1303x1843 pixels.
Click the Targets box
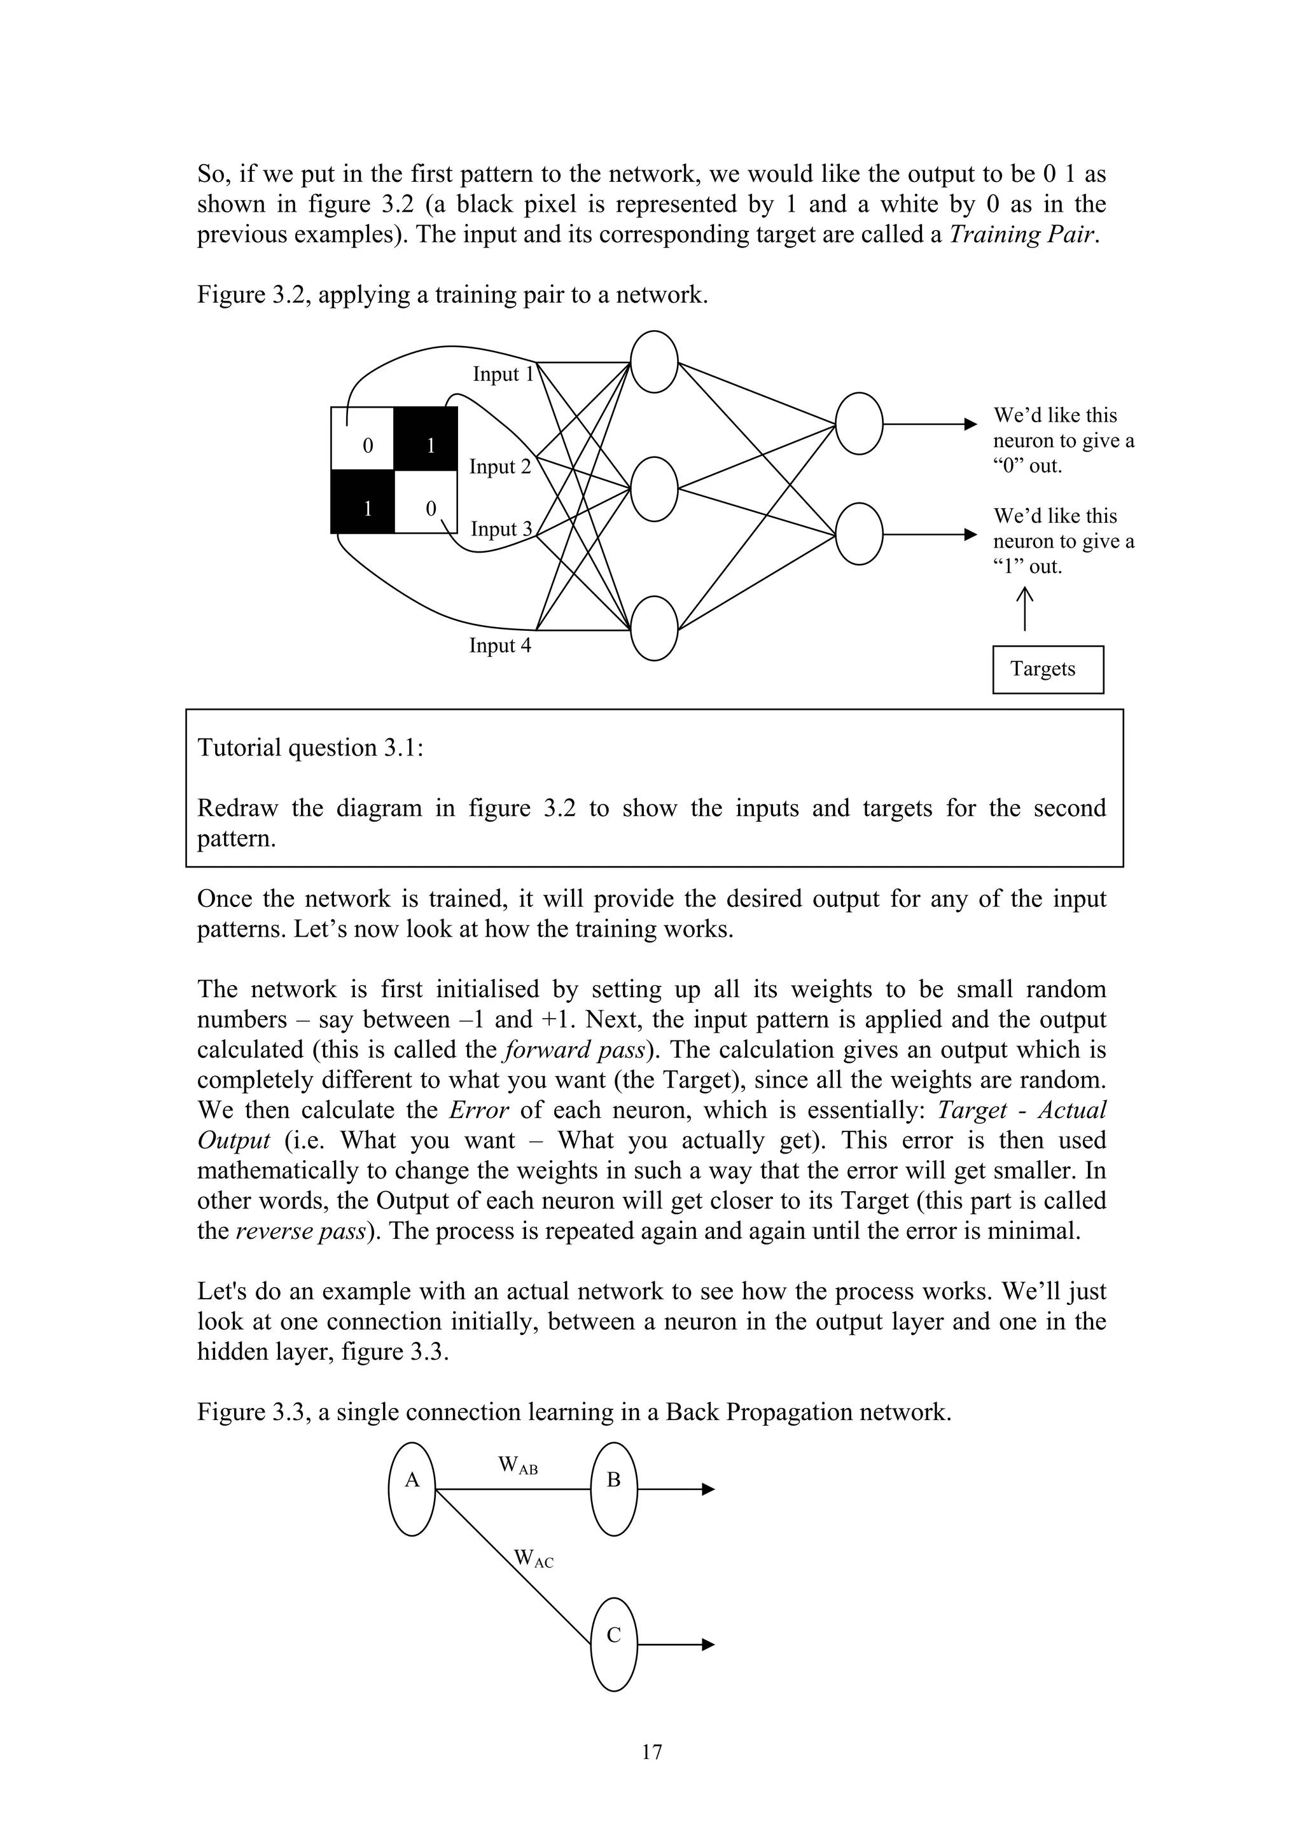point(1048,670)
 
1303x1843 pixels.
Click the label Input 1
point(503,374)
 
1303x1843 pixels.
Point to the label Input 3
point(501,529)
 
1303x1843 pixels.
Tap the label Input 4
point(500,645)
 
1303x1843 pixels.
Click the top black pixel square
point(426,438)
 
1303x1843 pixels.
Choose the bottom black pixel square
point(363,502)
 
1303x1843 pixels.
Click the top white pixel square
point(363,438)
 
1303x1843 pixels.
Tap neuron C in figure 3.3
point(614,1645)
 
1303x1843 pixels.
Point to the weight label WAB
point(518,1466)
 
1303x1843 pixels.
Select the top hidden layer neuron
point(654,362)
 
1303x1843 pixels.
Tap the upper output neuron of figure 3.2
point(859,424)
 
